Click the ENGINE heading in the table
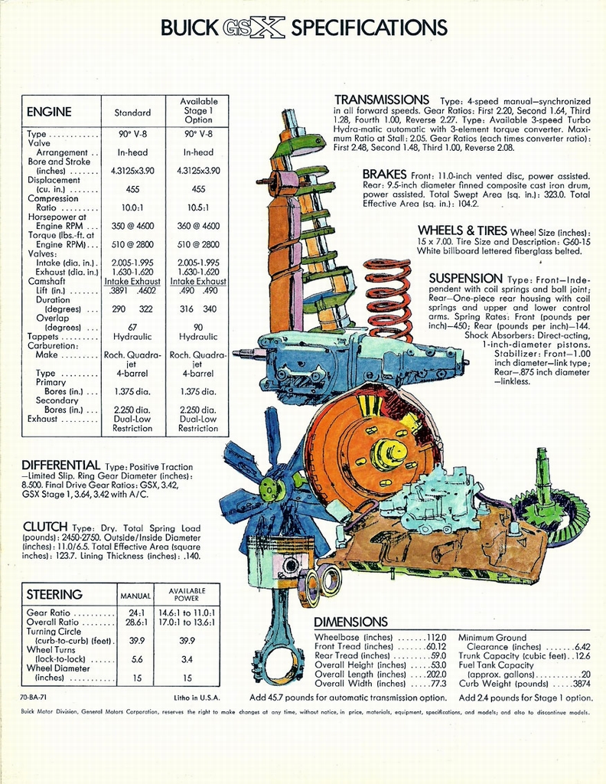pyautogui.click(x=49, y=112)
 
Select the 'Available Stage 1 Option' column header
pyautogui.click(x=199, y=110)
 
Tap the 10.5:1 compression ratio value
pyautogui.click(x=199, y=207)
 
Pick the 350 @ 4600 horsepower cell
pyautogui.click(x=132, y=226)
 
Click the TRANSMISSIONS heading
pyautogui.click(x=382, y=100)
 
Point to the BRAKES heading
pyautogui.click(x=385, y=175)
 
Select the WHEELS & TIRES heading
pyautogui.click(x=462, y=230)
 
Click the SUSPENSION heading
pyautogui.click(x=466, y=278)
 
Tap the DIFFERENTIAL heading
pyautogui.click(x=61, y=465)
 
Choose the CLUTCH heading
pyautogui.click(x=45, y=527)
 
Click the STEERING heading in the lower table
pyautogui.click(x=54, y=595)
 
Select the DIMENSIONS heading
pyautogui.click(x=350, y=622)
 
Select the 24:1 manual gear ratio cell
pyautogui.click(x=137, y=613)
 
